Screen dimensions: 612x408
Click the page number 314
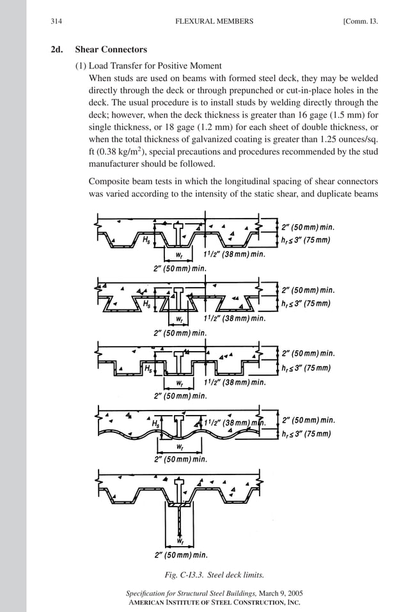pyautogui.click(x=56, y=21)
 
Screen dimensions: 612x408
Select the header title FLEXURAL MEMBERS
pyautogui.click(x=214, y=21)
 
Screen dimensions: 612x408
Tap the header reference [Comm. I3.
pyautogui.click(x=360, y=21)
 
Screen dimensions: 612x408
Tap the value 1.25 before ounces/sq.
pyautogui.click(x=318, y=139)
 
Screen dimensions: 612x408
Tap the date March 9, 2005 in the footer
pyautogui.click(x=273, y=593)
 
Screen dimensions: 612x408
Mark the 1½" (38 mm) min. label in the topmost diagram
pyautogui.click(x=234, y=254)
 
